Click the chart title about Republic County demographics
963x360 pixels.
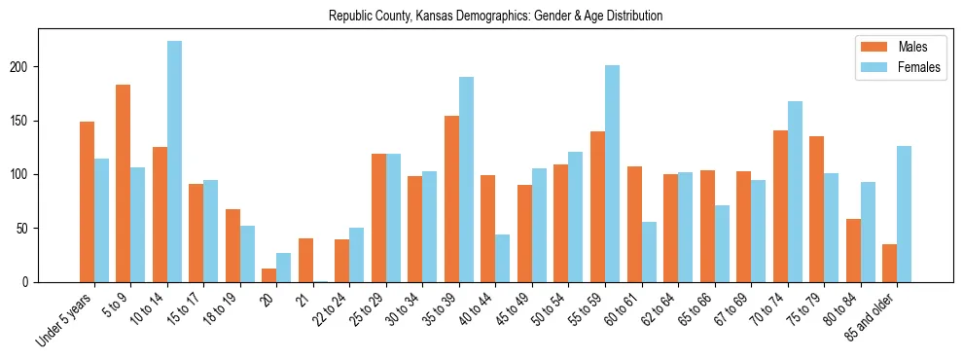(x=495, y=16)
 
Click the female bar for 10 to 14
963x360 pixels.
(x=174, y=162)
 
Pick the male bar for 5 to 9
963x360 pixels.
(x=124, y=183)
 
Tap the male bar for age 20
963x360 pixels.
(x=269, y=275)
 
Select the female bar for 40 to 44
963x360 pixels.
(x=503, y=258)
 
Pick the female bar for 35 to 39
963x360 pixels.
(x=466, y=179)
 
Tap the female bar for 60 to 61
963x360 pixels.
(x=649, y=252)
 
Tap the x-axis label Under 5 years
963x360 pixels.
(x=65, y=317)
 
